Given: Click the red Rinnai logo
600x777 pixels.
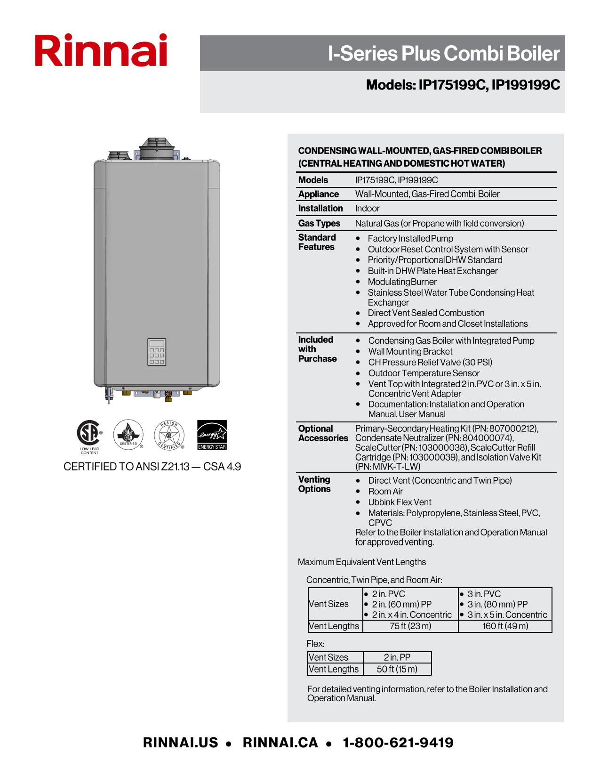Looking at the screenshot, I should click(101, 50).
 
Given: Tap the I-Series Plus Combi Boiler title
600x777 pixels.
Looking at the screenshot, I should click(443, 54).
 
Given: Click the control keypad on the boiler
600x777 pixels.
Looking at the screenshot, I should click(157, 352).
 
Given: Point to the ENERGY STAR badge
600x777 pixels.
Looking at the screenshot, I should click(212, 435).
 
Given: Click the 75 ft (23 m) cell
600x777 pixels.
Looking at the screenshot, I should click(410, 626).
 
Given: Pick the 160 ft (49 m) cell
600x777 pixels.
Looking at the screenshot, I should click(505, 626).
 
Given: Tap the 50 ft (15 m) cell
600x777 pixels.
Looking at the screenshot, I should click(397, 669).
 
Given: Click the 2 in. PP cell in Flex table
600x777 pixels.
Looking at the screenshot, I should click(397, 657).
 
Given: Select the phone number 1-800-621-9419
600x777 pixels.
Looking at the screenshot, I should click(398, 743).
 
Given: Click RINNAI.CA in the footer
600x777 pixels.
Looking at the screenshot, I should click(280, 743).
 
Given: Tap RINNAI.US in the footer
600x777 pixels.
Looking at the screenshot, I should click(181, 743).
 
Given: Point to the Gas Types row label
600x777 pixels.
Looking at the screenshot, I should click(319, 223).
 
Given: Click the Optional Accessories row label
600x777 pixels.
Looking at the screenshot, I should click(323, 433).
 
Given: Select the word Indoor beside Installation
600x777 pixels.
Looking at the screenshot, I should click(367, 208).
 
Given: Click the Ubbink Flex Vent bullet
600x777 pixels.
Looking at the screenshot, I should click(400, 502).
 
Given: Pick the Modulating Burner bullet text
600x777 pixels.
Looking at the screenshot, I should click(402, 282).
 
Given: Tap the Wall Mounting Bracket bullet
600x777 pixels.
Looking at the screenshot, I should click(410, 351).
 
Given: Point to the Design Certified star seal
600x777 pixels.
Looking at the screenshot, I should click(169, 435).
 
